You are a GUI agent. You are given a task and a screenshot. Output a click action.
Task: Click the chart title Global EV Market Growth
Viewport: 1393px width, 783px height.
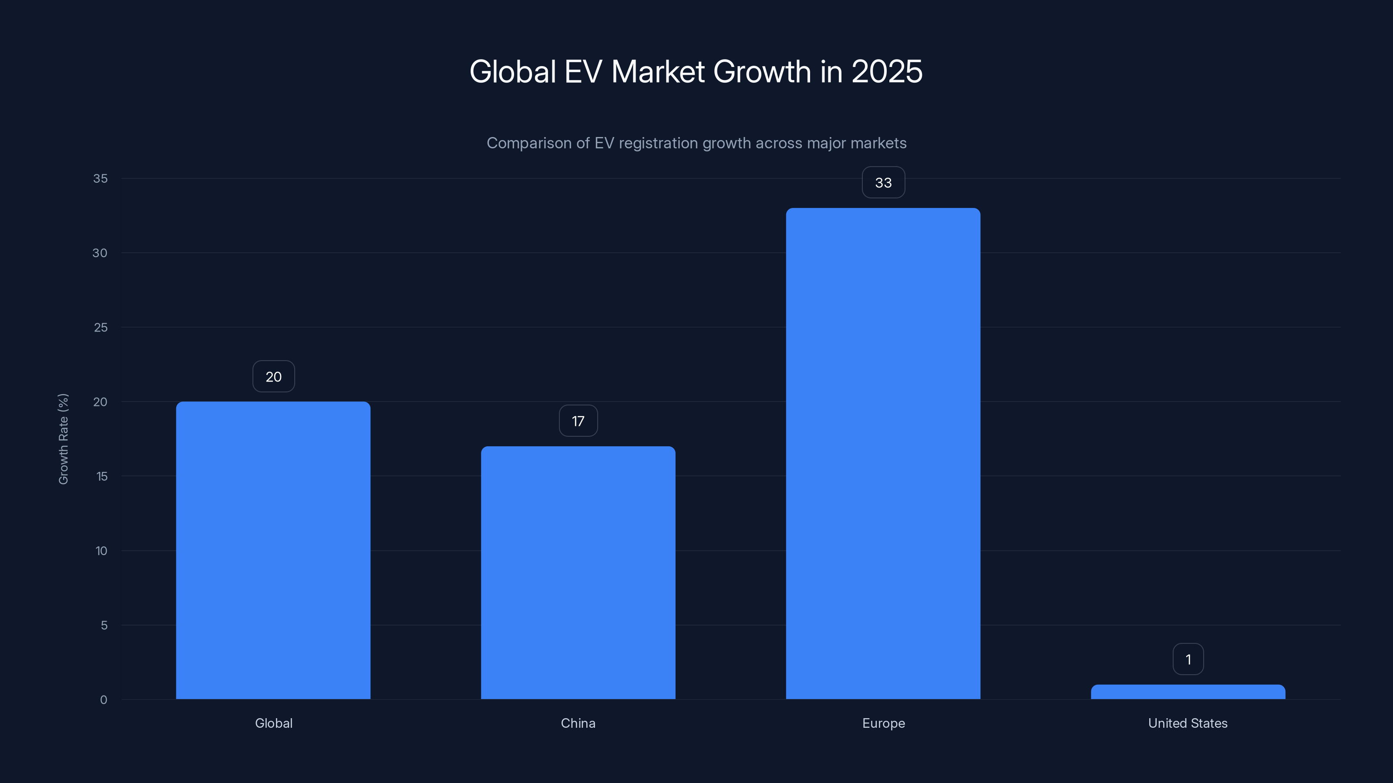[696, 71]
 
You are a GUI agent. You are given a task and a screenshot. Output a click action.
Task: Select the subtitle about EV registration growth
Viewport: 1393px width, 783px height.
[696, 143]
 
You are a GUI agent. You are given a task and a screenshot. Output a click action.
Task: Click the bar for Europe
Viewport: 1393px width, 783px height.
[882, 454]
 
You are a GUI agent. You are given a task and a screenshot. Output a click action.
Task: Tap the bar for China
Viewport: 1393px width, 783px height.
[578, 573]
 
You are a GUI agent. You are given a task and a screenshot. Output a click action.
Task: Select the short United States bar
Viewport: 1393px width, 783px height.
[1188, 692]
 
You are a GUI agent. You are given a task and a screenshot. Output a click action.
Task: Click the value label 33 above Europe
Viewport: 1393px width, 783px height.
[883, 183]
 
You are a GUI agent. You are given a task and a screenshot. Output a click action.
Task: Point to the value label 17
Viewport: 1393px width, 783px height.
[578, 421]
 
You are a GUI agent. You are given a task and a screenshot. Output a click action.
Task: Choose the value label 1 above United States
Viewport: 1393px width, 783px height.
[1188, 659]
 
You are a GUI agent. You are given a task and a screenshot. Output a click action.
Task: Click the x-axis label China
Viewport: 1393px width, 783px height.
[578, 723]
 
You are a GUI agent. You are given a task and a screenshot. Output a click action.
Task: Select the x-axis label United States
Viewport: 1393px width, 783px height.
[1188, 723]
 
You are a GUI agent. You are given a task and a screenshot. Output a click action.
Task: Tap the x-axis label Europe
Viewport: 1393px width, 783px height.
[883, 723]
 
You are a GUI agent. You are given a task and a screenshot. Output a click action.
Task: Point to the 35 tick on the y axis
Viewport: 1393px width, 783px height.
[100, 178]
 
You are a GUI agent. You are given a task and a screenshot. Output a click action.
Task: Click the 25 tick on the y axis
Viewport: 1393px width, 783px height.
[101, 328]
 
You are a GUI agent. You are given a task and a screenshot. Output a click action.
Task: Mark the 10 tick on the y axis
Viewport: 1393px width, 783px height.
[101, 551]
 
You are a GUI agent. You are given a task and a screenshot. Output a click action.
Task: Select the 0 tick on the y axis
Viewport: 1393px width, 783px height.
[103, 700]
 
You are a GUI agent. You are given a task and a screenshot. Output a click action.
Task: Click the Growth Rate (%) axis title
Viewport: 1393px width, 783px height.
[63, 439]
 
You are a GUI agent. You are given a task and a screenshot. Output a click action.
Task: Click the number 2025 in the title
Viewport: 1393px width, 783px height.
[887, 71]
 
